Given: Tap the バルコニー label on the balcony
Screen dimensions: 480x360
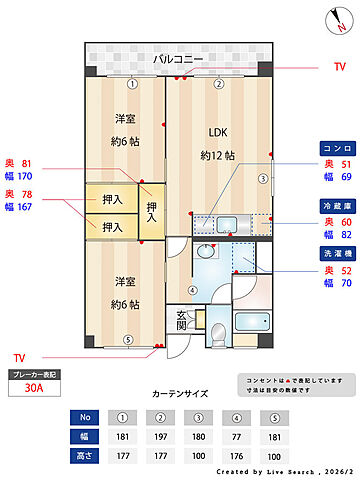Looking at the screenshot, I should coord(179,60).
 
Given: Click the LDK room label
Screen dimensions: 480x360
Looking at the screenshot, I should coord(218,132).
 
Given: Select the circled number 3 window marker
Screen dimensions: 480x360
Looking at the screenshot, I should coord(263,179).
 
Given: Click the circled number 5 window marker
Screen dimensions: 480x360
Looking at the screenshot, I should coord(127,339).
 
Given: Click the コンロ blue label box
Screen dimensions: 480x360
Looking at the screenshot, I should coord(334,147).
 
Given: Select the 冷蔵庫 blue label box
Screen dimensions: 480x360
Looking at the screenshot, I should coord(334,204).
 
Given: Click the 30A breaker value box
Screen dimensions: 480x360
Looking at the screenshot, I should coord(33,391).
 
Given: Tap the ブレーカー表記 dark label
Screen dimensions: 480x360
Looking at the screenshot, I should coord(33,374).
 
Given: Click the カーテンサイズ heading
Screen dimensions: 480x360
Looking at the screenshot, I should coord(179,394).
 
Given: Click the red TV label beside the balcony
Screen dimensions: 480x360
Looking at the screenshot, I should coord(339,67).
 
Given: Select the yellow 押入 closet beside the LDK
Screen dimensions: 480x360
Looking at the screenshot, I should coord(152,211).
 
